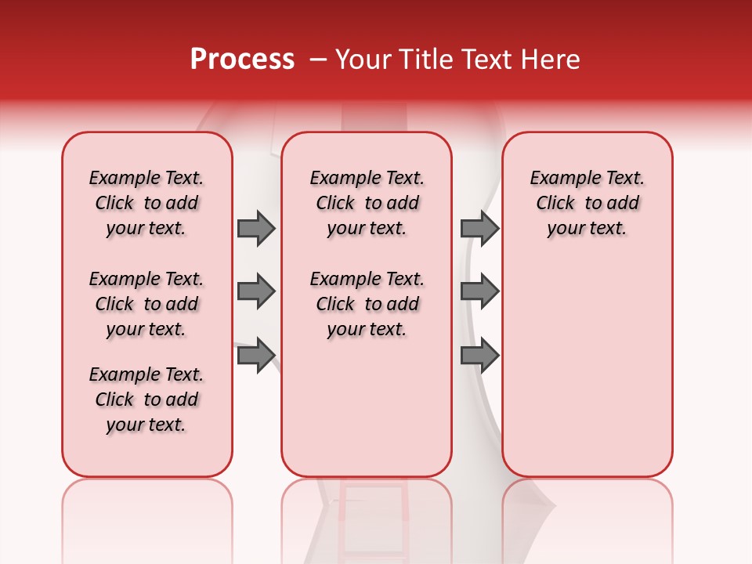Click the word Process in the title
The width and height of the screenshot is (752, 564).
tap(242, 60)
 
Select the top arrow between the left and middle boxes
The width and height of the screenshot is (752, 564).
tap(256, 228)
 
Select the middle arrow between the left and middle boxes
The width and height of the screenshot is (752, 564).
tap(256, 291)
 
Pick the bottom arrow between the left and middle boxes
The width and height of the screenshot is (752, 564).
tap(256, 355)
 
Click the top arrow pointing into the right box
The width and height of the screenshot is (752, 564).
tap(479, 228)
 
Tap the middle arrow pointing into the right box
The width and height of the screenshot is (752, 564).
tap(479, 291)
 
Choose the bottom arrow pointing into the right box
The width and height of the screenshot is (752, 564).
tap(479, 355)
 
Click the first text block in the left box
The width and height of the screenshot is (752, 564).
tap(146, 203)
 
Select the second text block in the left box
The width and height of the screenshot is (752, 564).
tap(146, 304)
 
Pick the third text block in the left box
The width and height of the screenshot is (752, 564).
tap(146, 399)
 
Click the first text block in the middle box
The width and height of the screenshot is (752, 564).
tap(367, 203)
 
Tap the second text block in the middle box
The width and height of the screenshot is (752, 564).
tap(367, 304)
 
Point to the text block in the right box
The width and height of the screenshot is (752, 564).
tap(587, 203)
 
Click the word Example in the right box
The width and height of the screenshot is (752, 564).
tap(557, 179)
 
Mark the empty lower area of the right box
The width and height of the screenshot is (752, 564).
tap(587, 368)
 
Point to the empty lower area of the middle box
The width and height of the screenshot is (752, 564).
tap(367, 407)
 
